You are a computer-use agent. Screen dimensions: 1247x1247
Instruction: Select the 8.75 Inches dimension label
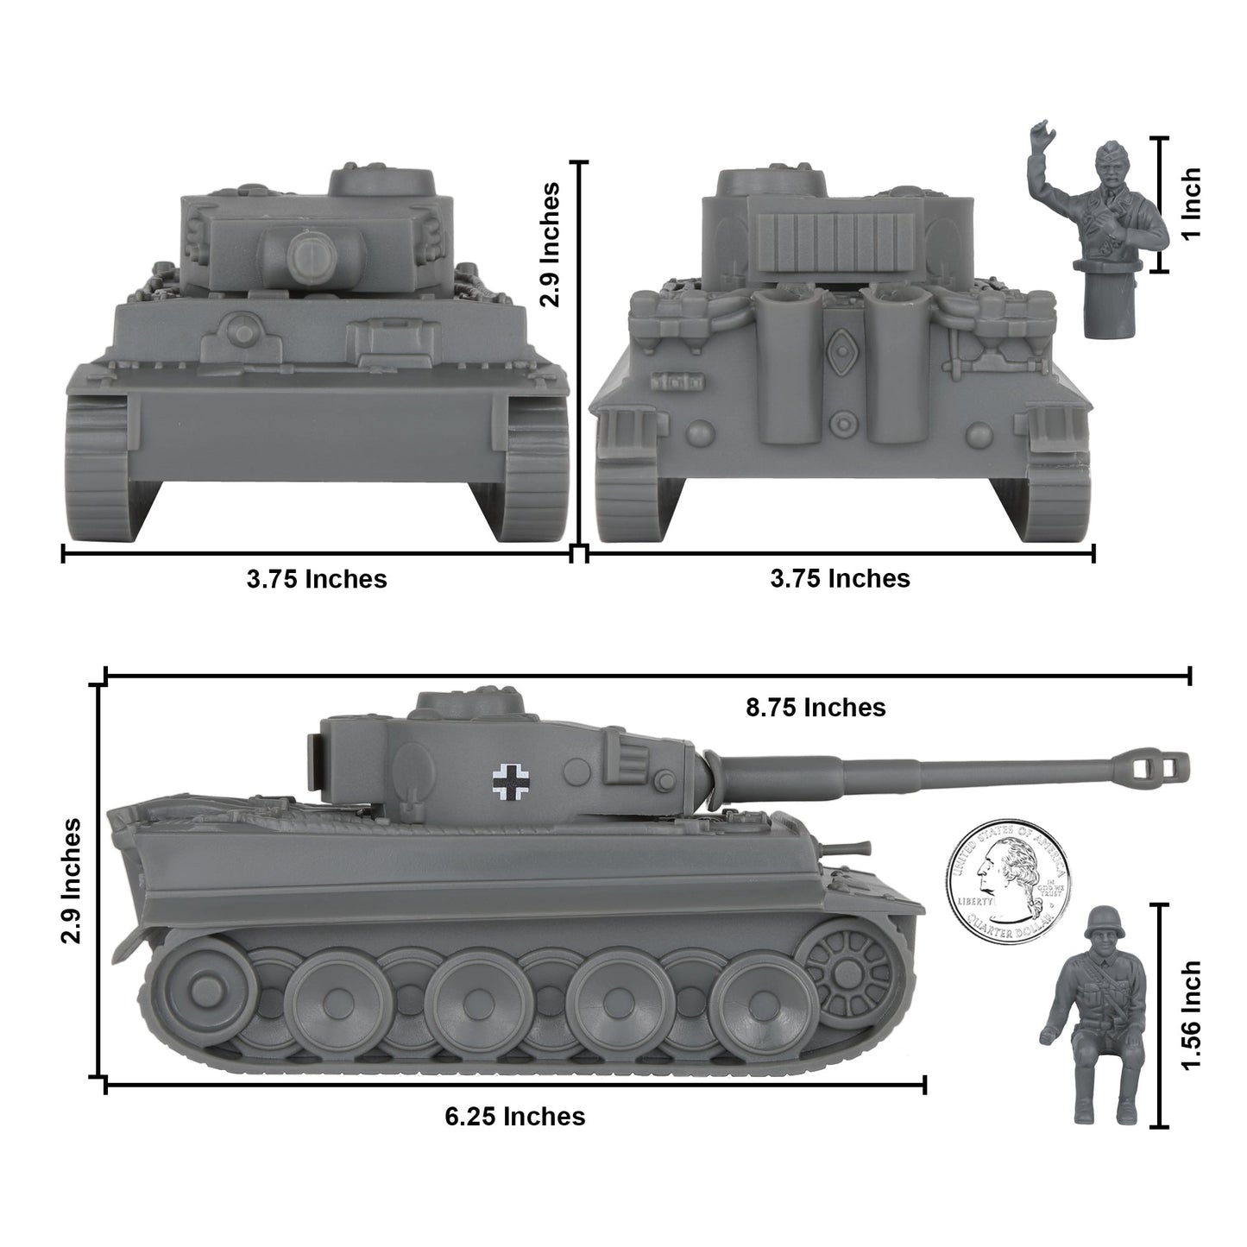point(816,708)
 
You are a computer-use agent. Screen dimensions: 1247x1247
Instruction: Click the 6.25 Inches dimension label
point(515,1116)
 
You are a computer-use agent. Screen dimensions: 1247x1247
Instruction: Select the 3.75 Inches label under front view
point(317,578)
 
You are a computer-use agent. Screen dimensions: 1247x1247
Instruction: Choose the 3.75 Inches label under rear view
point(840,578)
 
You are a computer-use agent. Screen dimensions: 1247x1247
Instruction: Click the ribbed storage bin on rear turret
point(815,242)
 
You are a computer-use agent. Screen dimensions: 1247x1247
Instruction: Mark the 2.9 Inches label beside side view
point(72,881)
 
